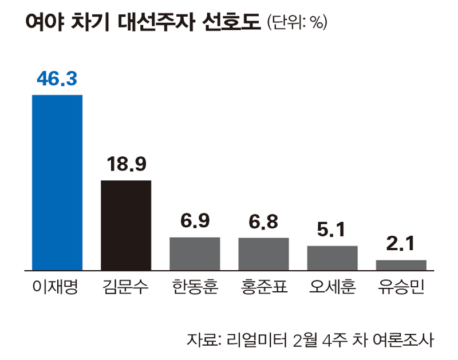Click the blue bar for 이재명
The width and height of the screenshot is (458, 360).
coord(57,182)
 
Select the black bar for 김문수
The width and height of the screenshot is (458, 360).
coord(126,225)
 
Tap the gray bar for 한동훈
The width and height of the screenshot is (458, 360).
coord(195,254)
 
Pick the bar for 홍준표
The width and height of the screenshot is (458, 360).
coord(263,254)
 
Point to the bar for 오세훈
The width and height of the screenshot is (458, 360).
coord(332,258)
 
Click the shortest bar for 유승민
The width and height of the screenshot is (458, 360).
coord(401,265)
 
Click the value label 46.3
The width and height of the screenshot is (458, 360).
coord(57,79)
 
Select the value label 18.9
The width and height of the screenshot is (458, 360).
coord(126,165)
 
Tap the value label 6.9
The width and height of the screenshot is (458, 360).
coord(195,222)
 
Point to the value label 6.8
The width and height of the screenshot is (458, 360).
coord(263,222)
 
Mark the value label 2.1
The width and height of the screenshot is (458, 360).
coord(401,245)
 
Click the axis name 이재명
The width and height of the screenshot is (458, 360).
coord(57,286)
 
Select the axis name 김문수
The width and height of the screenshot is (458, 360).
coord(126,286)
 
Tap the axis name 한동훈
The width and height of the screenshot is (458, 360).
coord(195,286)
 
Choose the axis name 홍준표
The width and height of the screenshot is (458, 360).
coord(263,286)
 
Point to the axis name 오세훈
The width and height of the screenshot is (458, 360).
coord(332,286)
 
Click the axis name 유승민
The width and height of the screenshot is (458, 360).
coord(401,286)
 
